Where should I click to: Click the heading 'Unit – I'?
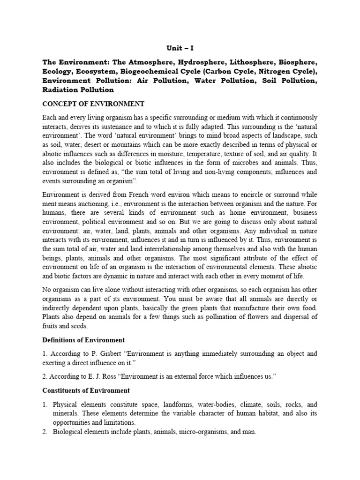pos(180,48)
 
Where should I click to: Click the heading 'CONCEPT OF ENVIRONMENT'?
pos(93,104)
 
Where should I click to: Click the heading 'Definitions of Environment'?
pos(82,340)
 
